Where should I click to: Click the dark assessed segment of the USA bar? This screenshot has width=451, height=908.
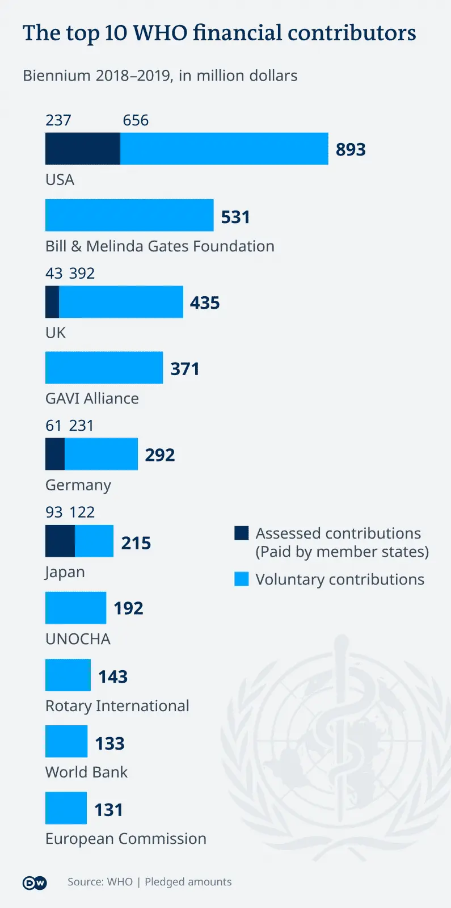point(83,149)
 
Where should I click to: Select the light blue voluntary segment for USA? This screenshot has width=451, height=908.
point(224,149)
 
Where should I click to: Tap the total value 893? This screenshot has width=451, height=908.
point(351,149)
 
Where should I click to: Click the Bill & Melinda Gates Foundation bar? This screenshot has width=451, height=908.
point(129,215)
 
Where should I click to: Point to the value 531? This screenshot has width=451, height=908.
point(235,217)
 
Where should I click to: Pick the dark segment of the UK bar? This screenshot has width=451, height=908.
point(52,302)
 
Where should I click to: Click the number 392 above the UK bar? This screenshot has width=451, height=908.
point(82,274)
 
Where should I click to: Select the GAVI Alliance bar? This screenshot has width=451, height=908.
point(104,368)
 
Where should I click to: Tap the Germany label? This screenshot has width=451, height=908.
point(78,485)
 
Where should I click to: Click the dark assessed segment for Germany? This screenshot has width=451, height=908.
point(55,454)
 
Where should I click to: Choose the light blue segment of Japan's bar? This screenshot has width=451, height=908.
point(94,541)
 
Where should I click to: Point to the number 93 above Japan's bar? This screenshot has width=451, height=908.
point(54,512)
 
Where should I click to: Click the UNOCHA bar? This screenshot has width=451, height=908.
point(75,608)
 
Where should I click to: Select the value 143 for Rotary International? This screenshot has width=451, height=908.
point(113,676)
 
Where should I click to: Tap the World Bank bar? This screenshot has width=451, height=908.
point(66,741)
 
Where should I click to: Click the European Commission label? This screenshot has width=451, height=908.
point(126,839)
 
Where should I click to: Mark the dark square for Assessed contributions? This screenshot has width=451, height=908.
point(242,533)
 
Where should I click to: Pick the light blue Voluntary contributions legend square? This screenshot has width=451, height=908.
point(242,579)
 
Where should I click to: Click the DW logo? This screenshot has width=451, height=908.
point(35,882)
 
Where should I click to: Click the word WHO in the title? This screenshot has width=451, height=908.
point(160,33)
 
